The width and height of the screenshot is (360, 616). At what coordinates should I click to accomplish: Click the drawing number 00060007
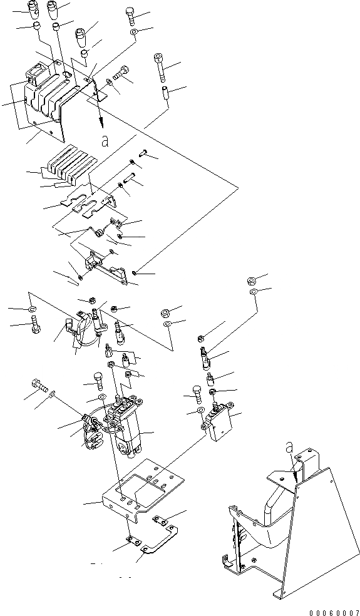(334, 612)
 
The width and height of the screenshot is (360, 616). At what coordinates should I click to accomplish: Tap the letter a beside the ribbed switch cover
(104, 141)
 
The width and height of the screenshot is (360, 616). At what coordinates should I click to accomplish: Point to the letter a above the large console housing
(290, 447)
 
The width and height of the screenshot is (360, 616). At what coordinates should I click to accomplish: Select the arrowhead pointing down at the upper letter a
(102, 123)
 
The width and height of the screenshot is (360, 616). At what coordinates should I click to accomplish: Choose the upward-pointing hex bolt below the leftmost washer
(35, 326)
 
